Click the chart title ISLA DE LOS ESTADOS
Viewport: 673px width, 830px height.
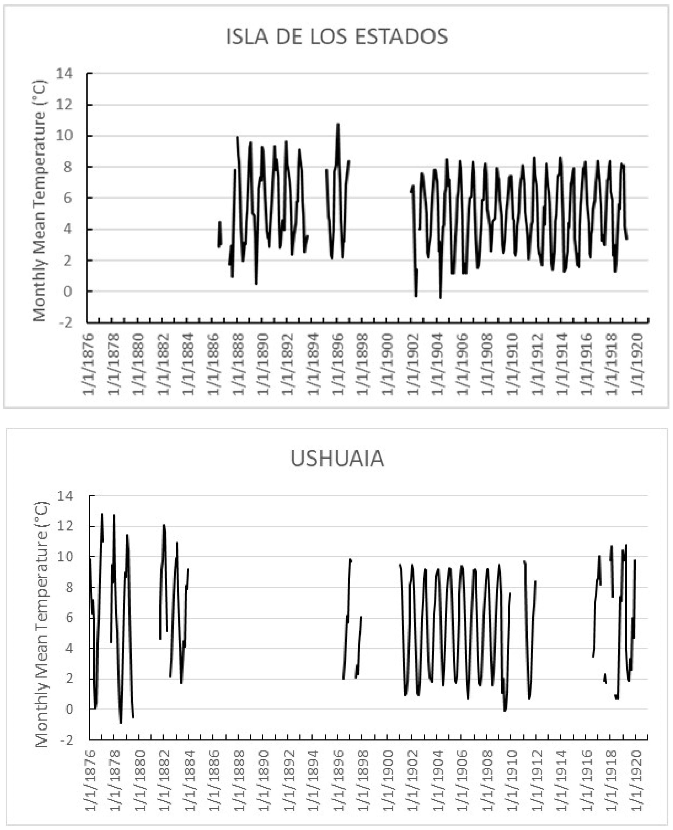(x=337, y=37)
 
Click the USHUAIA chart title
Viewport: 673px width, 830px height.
(x=337, y=459)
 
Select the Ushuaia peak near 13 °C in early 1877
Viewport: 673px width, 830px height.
(x=102, y=514)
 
